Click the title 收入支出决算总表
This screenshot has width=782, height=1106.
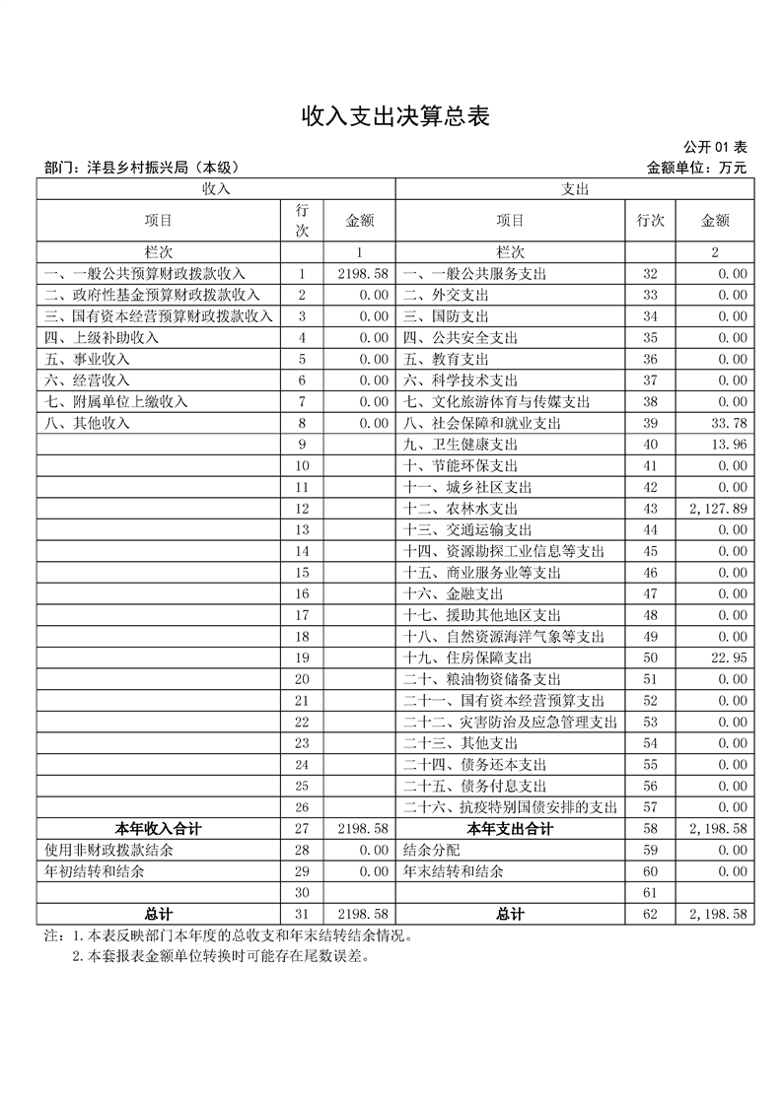[394, 117]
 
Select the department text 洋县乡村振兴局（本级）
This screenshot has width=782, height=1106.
[144, 169]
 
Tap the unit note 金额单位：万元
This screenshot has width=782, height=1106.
[696, 169]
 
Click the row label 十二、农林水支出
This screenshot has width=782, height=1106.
[460, 509]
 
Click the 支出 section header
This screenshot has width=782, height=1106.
[574, 188]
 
